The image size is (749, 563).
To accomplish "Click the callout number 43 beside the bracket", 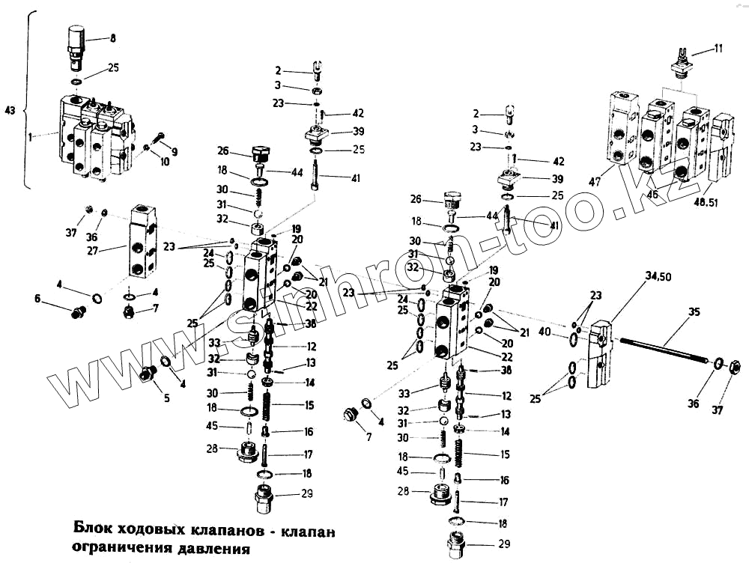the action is pyautogui.click(x=9, y=111).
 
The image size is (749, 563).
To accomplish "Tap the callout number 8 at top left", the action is pyautogui.click(x=113, y=37).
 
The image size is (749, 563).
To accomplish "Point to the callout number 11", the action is pyautogui.click(x=718, y=49).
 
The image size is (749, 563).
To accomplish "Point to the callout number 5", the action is pyautogui.click(x=167, y=398).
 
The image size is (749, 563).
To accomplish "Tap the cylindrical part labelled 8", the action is pyautogui.click(x=76, y=40).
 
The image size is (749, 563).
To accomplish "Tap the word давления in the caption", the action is pyautogui.click(x=212, y=547).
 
